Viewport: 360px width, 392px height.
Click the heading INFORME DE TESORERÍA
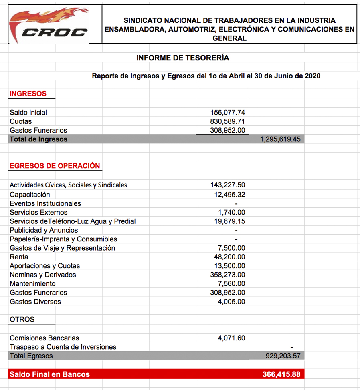coord(183,58)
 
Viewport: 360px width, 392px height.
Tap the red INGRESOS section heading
coord(28,94)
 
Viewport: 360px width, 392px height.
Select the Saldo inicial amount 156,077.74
coord(228,113)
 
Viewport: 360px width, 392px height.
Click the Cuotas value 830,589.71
coord(228,121)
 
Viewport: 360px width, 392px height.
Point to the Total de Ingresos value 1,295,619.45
coord(280,139)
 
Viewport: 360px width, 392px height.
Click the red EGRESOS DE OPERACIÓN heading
coord(55,166)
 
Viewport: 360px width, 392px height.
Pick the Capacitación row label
coord(30,195)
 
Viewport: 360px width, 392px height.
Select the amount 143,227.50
coord(228,185)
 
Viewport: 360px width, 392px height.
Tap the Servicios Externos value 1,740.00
coord(232,213)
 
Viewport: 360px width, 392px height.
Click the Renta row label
coord(19,257)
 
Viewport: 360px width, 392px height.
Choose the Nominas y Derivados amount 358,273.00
coord(228,275)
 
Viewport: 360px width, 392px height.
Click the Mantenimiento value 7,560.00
coord(232,284)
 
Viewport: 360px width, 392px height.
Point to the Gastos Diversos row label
coord(35,302)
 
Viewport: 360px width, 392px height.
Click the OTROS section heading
coord(22,320)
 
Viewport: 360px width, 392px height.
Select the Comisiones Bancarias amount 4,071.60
coord(232,338)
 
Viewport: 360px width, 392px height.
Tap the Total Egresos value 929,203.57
coord(283,356)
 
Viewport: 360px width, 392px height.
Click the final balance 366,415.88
coord(281,374)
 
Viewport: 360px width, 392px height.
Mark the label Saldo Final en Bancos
coord(50,374)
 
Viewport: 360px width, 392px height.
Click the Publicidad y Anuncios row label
coord(44,230)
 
